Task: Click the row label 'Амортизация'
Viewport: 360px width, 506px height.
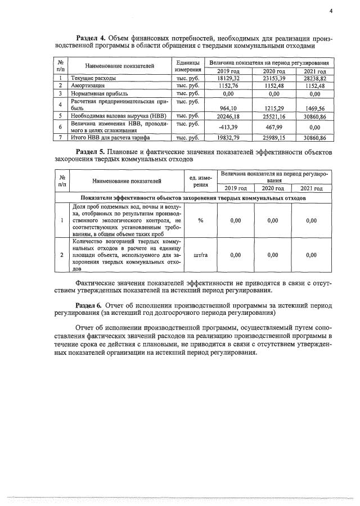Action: [x=87, y=86]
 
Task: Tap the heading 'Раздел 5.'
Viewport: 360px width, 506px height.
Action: [x=91, y=152]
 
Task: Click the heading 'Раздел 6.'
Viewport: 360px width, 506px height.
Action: [x=91, y=304]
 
